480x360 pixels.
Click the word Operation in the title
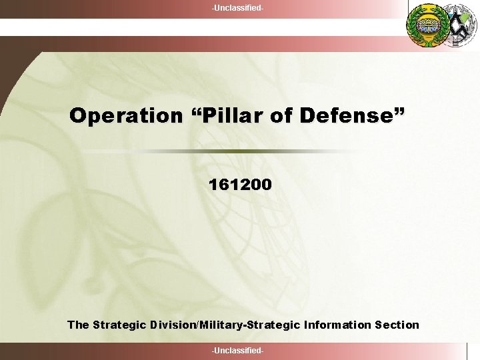125,116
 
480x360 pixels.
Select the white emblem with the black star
461,25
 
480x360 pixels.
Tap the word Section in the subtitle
397,325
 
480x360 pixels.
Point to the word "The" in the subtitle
78,325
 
